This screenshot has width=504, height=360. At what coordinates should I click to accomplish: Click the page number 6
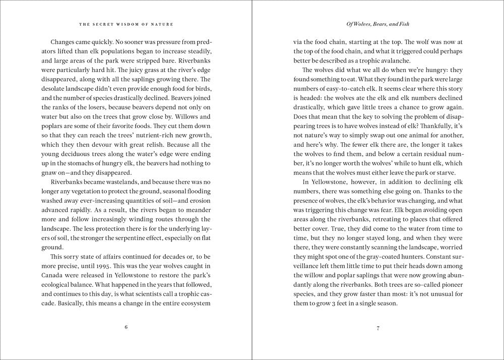[x=126, y=327]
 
